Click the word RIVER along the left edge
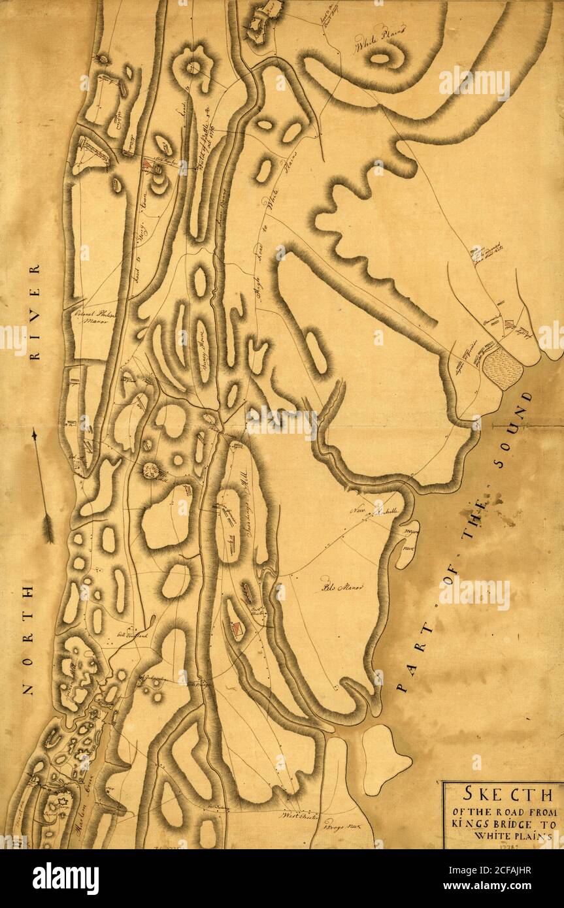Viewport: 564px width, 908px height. click(x=35, y=312)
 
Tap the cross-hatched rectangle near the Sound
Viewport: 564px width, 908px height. click(x=502, y=368)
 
